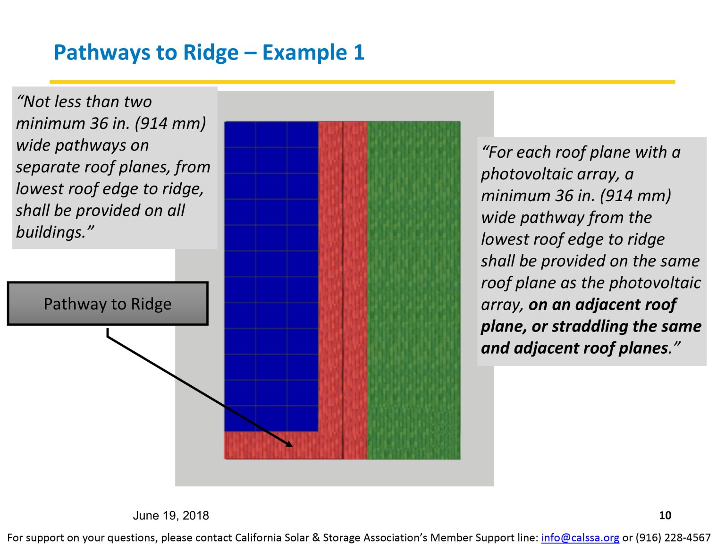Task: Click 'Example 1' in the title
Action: [313, 52]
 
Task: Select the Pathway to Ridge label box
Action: [108, 304]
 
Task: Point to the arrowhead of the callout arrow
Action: [289, 444]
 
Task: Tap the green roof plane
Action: [413, 283]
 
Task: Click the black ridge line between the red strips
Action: [343, 283]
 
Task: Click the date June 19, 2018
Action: [171, 515]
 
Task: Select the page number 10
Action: [665, 515]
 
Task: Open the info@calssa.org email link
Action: [580, 537]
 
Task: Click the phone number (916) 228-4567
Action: [673, 537]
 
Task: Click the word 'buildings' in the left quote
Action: [51, 232]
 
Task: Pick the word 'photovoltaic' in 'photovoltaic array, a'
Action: [526, 174]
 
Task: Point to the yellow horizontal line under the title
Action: [362, 82]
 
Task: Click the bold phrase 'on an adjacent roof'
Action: [602, 305]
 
